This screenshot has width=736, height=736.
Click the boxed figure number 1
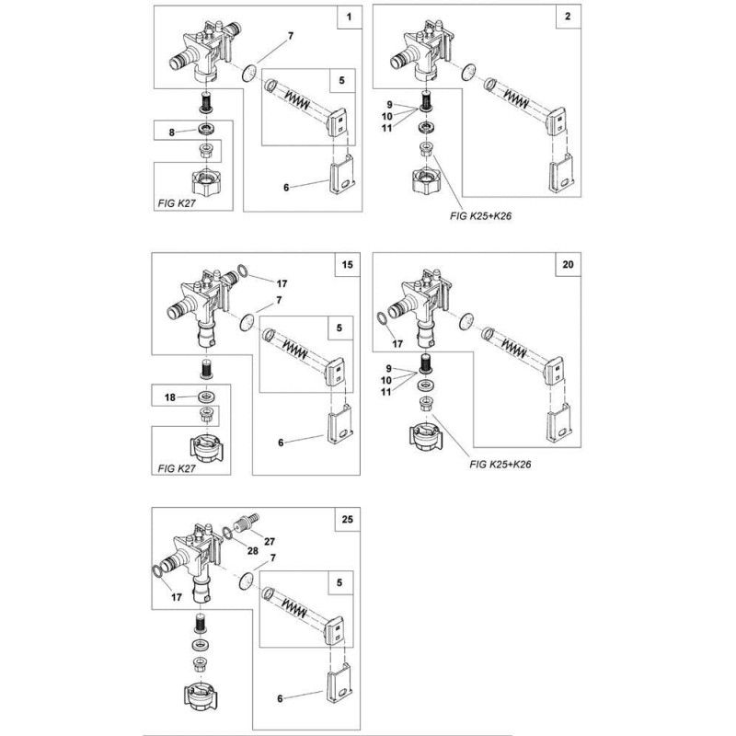[349, 18]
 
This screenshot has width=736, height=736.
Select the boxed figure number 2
[569, 18]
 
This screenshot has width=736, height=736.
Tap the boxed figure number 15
[348, 266]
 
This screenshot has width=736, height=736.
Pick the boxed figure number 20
[568, 266]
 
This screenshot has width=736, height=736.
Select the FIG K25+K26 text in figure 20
[501, 464]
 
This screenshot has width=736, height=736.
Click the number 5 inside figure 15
[340, 328]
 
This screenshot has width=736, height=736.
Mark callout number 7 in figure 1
[291, 37]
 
